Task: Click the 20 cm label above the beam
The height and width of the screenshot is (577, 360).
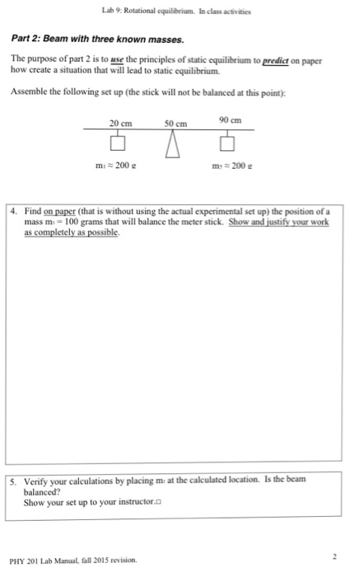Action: click(x=120, y=123)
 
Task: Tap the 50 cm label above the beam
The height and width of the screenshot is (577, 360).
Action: click(x=174, y=124)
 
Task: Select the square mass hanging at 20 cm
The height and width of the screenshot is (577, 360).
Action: click(x=119, y=145)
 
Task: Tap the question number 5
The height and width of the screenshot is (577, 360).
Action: click(x=26, y=481)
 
